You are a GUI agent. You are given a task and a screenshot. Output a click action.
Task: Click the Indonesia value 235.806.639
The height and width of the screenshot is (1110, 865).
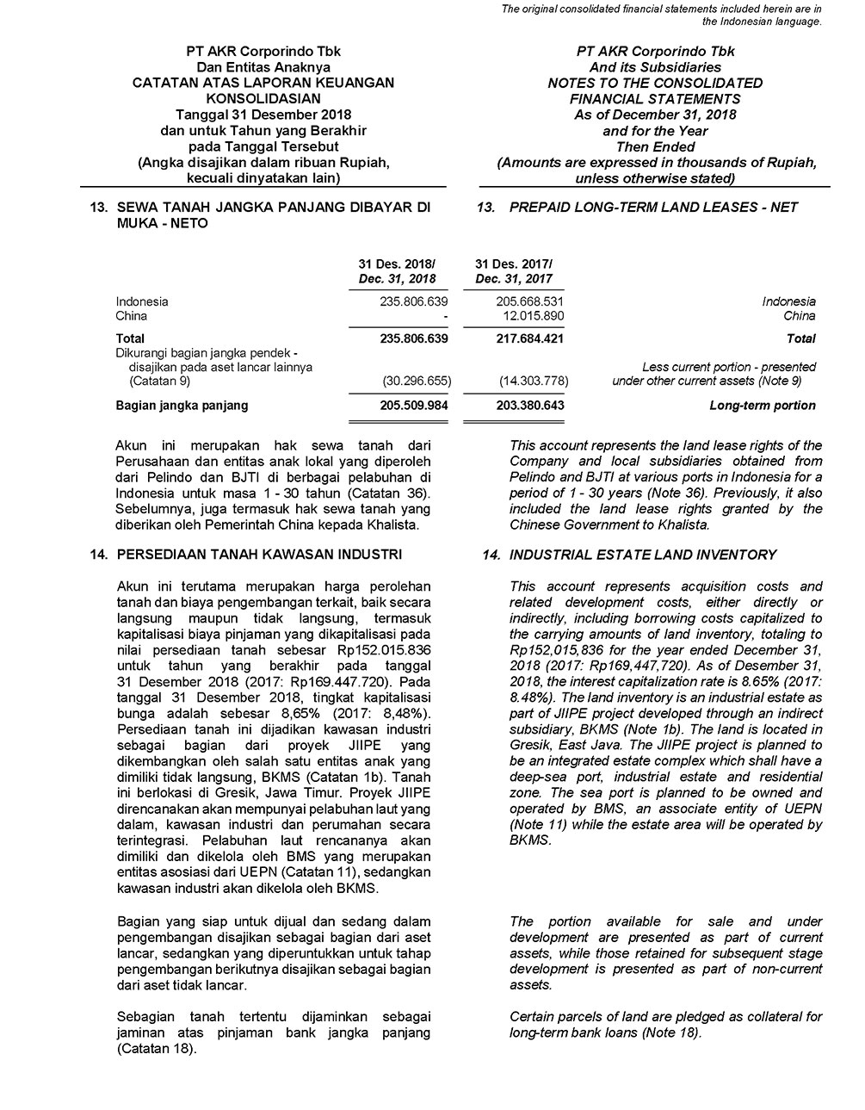(413, 301)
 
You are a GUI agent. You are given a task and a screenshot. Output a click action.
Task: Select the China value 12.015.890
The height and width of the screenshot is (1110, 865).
(532, 316)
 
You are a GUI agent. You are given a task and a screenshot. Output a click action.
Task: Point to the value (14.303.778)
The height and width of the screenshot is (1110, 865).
(532, 380)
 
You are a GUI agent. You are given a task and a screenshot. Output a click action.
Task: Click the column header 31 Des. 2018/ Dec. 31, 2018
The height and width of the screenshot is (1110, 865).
(397, 271)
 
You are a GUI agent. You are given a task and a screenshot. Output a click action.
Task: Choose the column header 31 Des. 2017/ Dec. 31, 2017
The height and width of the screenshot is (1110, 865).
(514, 271)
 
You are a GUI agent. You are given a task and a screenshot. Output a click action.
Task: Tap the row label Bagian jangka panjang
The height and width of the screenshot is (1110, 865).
(182, 406)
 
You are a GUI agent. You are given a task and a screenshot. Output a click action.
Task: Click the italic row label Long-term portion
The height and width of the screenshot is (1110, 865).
(762, 406)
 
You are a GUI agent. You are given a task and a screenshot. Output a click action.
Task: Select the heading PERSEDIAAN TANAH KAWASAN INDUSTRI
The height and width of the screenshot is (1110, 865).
(258, 554)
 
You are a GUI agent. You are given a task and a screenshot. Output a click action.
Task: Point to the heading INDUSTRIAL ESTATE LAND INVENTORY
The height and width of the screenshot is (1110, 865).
(642, 555)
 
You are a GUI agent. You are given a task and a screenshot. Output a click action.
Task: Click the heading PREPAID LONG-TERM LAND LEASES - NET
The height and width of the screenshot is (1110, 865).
(652, 208)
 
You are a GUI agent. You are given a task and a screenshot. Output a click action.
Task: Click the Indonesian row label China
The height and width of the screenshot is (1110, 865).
(132, 316)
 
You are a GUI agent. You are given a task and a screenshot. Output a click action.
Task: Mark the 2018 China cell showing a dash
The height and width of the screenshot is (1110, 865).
(445, 316)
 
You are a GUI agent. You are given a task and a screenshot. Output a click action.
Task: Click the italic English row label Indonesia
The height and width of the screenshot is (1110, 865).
(788, 301)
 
